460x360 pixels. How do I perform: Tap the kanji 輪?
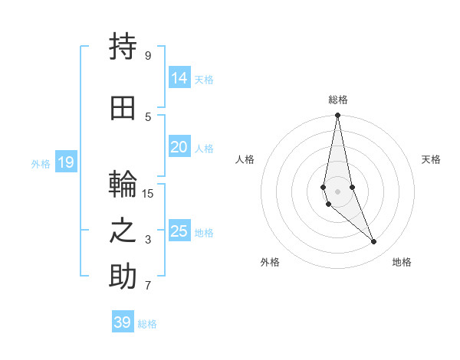tap(123, 185)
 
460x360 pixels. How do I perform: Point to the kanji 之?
tap(123, 231)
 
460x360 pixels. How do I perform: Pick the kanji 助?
tap(123, 277)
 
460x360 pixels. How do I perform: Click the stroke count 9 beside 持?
tap(147, 56)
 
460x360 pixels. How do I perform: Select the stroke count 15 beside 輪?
tap(148, 194)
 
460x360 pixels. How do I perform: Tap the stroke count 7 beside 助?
tap(147, 286)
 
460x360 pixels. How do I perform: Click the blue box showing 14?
tap(179, 77)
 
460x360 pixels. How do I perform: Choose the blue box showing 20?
tap(179, 147)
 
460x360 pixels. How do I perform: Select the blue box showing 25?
tap(179, 231)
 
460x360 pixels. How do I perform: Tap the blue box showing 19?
tap(66, 162)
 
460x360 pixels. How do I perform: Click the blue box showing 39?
tap(123, 322)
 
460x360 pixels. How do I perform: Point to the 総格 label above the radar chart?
tap(338, 100)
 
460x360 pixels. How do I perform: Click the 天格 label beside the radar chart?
tap(432, 159)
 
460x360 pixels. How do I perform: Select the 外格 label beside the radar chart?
tap(270, 262)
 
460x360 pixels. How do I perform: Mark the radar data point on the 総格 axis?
tap(337, 116)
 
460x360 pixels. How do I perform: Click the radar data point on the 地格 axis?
tap(373, 242)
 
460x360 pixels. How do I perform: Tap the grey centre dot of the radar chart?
tap(337, 191)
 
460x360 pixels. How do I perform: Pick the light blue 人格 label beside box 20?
tap(204, 149)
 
